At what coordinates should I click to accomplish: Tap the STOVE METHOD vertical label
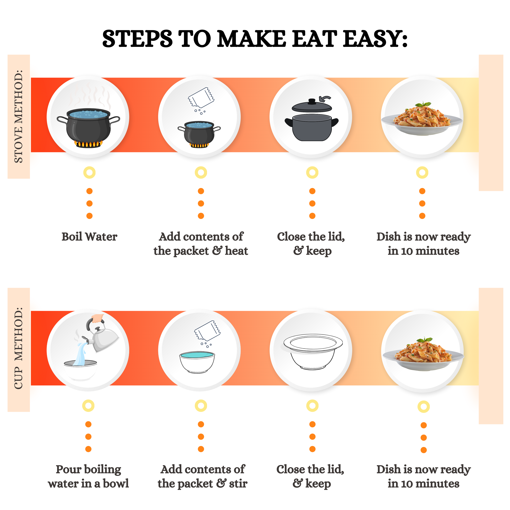point(18,116)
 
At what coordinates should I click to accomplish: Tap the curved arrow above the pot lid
point(325,99)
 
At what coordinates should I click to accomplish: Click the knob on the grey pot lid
point(312,101)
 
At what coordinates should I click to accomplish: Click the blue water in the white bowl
point(197,355)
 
